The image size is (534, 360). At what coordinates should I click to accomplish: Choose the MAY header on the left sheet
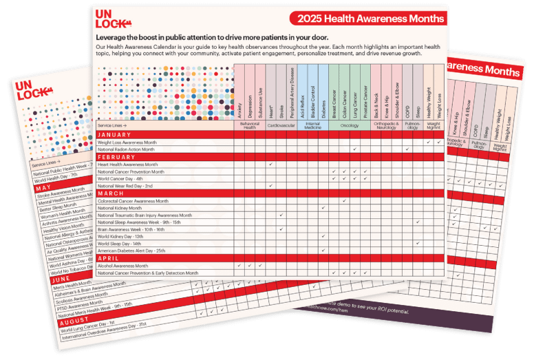pyautogui.click(x=43, y=187)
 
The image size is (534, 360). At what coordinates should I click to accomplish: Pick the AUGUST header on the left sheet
pyautogui.click(x=73, y=321)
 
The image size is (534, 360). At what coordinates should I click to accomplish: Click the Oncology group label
pyautogui.click(x=350, y=125)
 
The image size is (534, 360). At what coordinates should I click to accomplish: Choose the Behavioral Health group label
pyautogui.click(x=249, y=126)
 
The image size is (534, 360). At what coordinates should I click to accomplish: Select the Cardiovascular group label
pyautogui.click(x=281, y=125)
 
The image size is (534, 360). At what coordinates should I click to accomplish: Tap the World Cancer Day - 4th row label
pyautogui.click(x=121, y=179)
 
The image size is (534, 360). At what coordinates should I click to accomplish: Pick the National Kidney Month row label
pyautogui.click(x=120, y=208)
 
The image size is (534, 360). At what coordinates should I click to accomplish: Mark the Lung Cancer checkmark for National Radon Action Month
pyautogui.click(x=354, y=149)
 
